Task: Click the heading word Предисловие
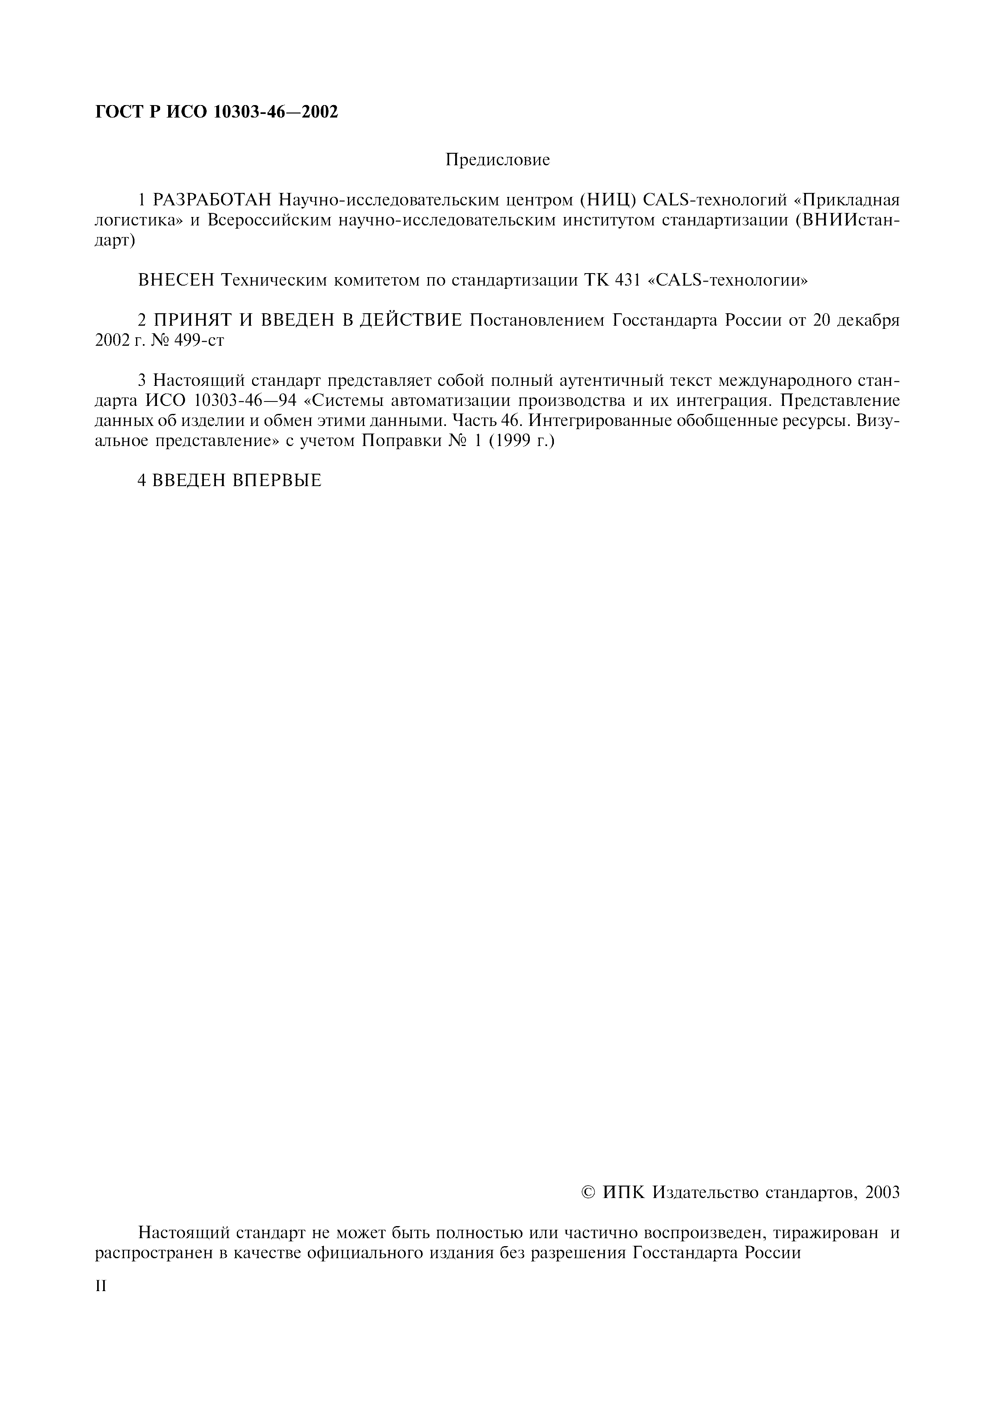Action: [497, 160]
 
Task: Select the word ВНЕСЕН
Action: [177, 281]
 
